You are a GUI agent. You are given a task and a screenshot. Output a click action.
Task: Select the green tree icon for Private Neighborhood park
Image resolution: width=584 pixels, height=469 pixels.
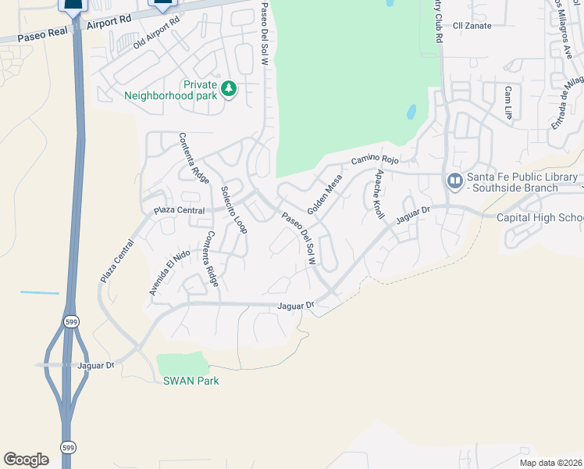[229, 88]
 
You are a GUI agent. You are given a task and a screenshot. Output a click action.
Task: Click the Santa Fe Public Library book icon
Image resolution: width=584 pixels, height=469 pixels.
[454, 181]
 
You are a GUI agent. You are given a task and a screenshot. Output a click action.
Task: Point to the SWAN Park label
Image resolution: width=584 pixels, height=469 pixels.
[191, 381]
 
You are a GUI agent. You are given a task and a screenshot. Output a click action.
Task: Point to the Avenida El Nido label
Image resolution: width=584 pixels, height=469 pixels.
[169, 272]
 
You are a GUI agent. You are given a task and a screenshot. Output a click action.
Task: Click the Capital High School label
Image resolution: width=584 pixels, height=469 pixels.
[540, 217]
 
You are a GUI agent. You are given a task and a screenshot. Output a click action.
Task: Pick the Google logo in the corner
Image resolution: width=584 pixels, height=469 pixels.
[26, 459]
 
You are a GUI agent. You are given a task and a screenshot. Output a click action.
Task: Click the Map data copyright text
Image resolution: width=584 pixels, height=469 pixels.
[551, 463]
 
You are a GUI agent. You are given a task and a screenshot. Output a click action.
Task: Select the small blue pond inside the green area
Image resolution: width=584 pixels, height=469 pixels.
[411, 112]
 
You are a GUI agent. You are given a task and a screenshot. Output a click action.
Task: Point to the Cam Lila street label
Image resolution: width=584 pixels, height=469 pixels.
[507, 102]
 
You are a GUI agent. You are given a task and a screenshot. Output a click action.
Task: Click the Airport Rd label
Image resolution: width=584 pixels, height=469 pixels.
[110, 23]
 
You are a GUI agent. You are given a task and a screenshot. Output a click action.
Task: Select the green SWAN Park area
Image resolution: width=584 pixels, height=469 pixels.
[183, 363]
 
